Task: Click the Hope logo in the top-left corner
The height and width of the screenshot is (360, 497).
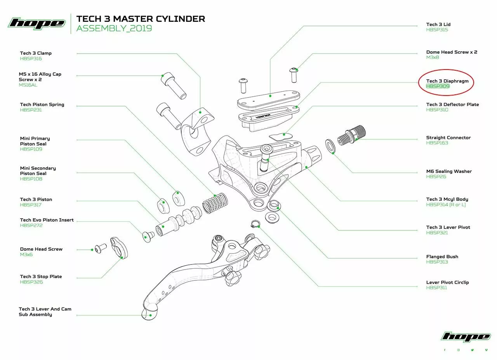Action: coord(36,23)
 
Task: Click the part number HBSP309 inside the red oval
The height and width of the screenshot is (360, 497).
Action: coord(437,86)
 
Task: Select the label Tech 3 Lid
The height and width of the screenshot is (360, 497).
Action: coord(438,24)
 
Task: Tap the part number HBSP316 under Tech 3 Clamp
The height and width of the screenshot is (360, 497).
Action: coord(31,59)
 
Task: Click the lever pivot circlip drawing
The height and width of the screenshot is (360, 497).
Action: coord(255,224)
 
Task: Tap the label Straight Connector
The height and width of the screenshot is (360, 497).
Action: coord(448,137)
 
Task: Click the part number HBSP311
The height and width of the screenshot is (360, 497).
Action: coord(436,288)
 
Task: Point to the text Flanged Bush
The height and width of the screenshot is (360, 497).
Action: coord(442,257)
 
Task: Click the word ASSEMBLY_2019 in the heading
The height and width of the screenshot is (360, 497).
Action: coord(114,28)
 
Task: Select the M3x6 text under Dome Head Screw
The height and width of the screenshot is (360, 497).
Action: coord(26,254)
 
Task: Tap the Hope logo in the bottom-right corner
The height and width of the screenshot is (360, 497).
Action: coord(466,337)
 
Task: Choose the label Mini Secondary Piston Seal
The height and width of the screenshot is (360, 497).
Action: coord(38,171)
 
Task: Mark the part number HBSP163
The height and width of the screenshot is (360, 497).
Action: coord(437,143)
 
